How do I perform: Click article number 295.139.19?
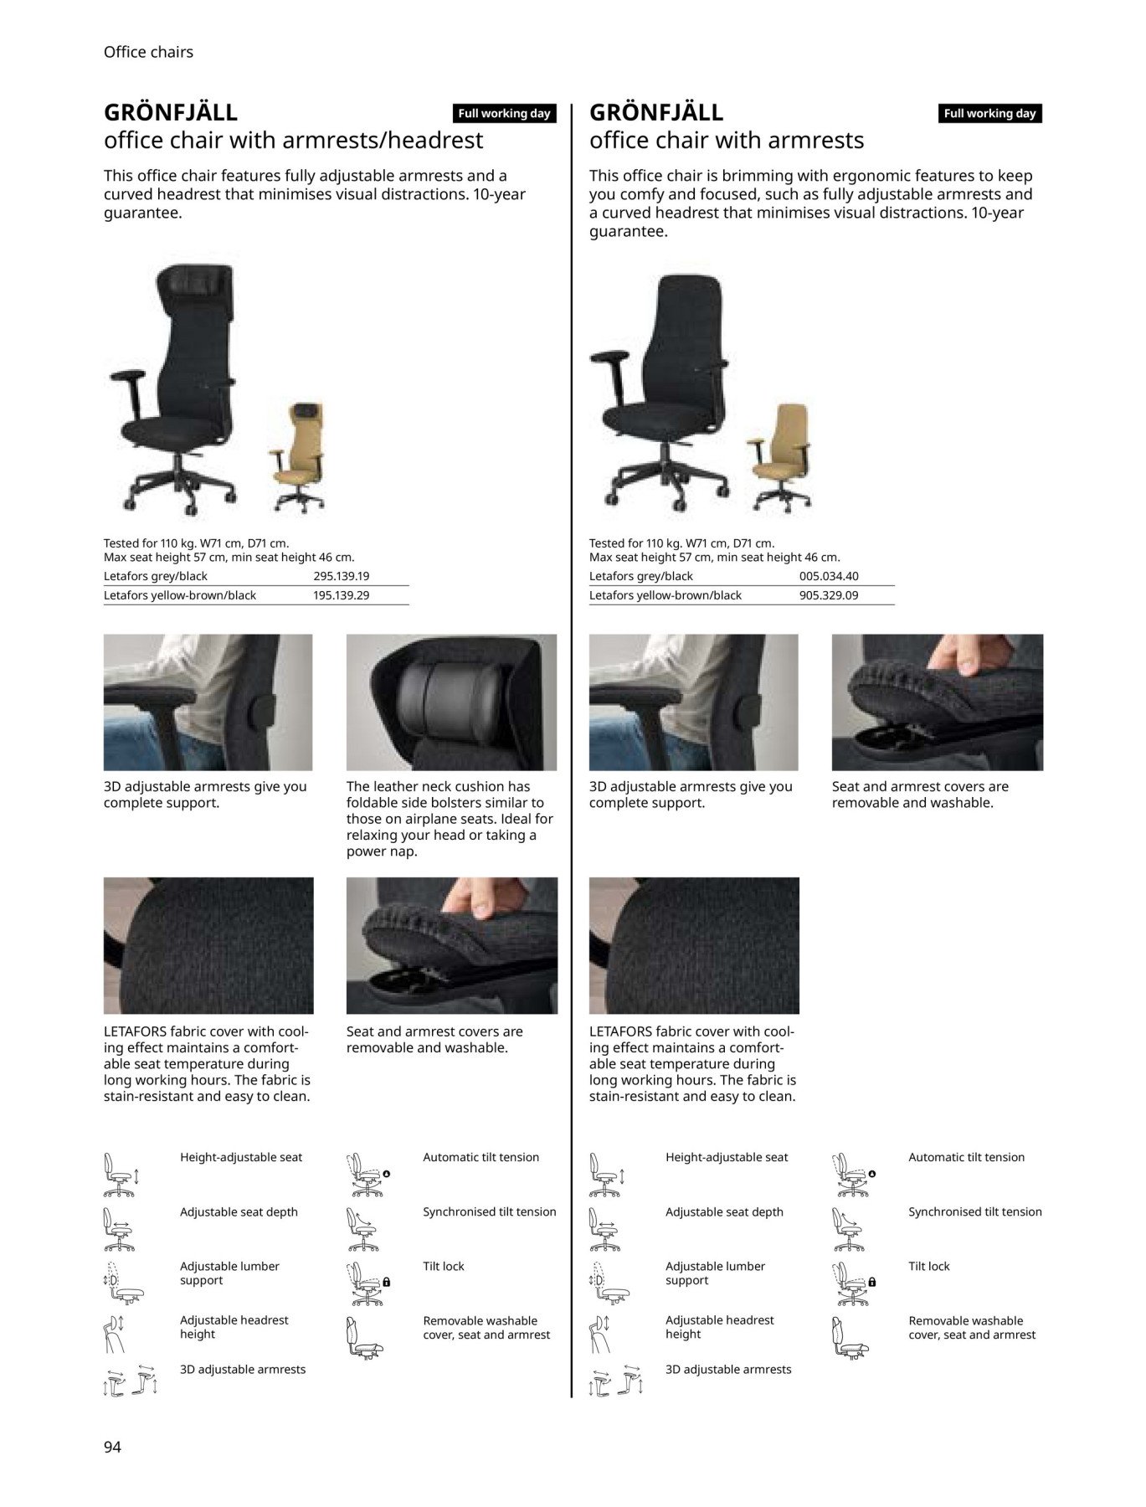[341, 576]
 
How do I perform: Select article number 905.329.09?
[829, 595]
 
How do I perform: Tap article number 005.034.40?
[829, 576]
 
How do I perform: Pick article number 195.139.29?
[341, 595]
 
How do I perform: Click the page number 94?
[112, 1447]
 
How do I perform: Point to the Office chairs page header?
[148, 52]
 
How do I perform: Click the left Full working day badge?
[504, 114]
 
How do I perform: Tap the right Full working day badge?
[989, 114]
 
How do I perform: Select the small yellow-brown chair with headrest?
[298, 457]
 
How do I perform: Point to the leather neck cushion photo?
[451, 702]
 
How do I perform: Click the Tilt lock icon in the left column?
[367, 1283]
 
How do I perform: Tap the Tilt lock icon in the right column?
[853, 1283]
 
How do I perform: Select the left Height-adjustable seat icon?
[120, 1175]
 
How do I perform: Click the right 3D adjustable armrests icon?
[616, 1382]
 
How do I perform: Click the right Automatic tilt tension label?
[966, 1157]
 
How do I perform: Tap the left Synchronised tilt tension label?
[489, 1211]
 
